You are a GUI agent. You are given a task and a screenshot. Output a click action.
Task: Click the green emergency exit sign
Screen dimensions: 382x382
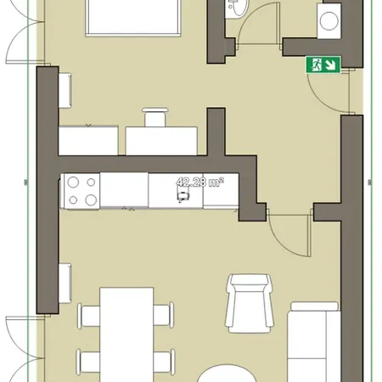pos(323,65)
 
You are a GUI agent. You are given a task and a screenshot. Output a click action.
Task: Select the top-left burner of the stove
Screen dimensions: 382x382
pos(73,182)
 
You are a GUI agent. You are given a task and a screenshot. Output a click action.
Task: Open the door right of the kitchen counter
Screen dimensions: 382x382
pos(286,233)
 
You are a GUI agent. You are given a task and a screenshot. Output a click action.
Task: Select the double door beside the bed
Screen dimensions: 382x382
pos(19,34)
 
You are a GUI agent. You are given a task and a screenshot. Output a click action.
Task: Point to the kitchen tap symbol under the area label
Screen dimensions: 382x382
pos(182,196)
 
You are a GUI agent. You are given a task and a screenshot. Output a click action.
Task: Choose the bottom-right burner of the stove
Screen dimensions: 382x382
pos(88,199)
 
